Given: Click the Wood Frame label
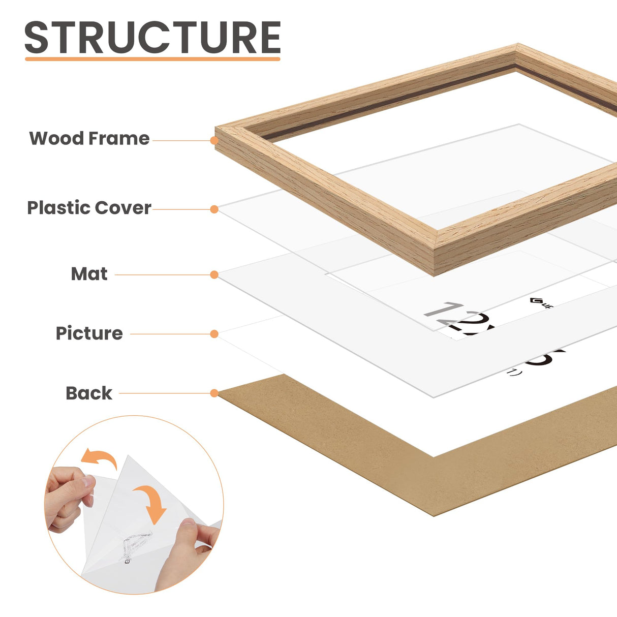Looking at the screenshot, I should pos(89,138).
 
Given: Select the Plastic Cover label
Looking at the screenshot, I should pos(89,208).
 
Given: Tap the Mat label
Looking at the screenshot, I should pos(89,274).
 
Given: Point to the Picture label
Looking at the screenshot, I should pos(89,333).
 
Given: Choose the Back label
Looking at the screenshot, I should pos(89,393).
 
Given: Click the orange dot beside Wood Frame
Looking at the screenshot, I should pos(214,140).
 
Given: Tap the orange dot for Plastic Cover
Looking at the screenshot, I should pos(214,209).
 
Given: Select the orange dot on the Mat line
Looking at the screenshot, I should pos(214,275).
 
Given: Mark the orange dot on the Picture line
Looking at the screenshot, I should pos(214,334).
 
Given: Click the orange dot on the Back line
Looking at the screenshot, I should pos(214,393).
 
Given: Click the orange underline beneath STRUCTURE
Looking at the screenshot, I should pos(152,59).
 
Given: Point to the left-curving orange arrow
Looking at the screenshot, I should pos(99,458).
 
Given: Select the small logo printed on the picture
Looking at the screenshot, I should pos(540,303).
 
